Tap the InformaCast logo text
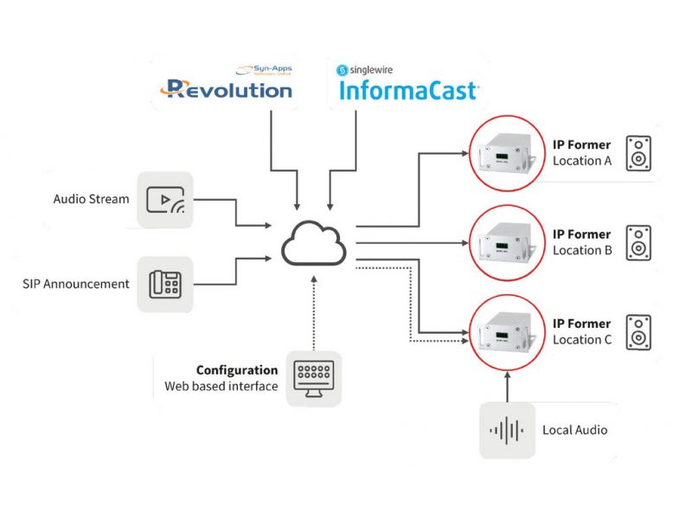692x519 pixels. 409,90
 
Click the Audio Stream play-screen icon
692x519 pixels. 165,200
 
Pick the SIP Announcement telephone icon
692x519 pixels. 165,284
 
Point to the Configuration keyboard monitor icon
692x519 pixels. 313,378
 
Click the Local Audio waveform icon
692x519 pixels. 507,429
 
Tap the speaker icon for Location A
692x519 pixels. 638,153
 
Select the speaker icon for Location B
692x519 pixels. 638,243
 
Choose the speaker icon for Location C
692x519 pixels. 638,332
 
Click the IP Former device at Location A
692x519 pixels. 504,152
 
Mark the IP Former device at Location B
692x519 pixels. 504,242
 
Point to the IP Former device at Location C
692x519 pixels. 504,332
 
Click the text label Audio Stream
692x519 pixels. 91,200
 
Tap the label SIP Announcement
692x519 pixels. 76,284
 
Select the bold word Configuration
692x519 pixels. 237,370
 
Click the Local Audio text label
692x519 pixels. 574,430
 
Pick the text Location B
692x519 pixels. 582,251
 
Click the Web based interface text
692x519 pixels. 221,387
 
